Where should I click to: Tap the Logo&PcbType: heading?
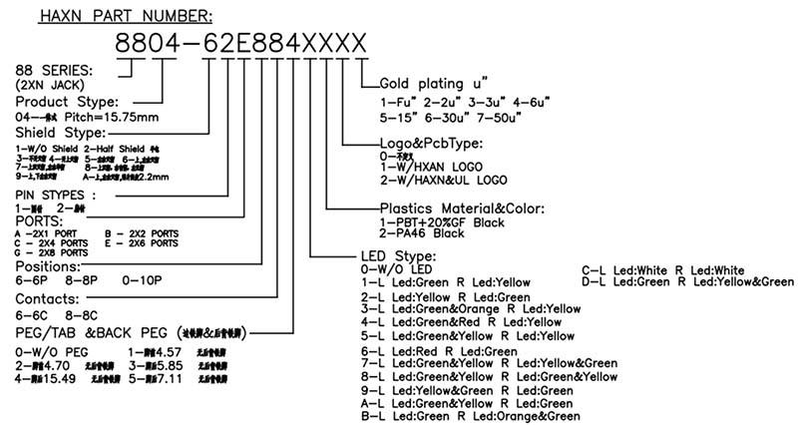432,143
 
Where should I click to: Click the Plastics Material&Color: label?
455,208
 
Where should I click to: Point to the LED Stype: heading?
398,257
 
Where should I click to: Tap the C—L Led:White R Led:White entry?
662,270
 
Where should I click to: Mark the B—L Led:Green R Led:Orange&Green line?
471,416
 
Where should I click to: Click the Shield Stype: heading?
60,133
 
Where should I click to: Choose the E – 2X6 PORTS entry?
141,242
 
